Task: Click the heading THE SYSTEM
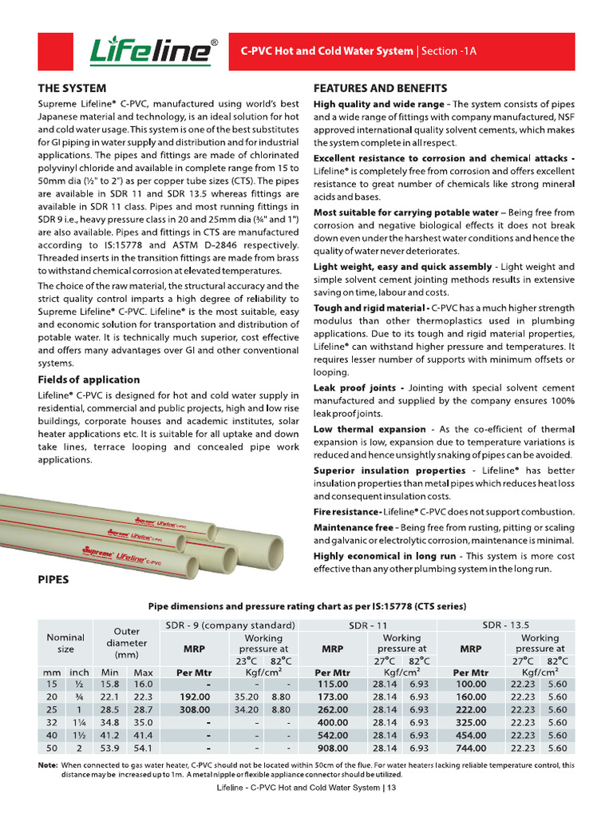click(72, 88)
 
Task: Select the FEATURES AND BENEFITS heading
click(380, 88)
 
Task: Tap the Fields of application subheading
click(89, 379)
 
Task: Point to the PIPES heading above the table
click(53, 579)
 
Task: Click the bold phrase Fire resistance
click(347, 511)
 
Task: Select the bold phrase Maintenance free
click(353, 527)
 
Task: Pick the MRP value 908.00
click(333, 749)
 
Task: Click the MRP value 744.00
click(470, 749)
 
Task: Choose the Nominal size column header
click(65, 643)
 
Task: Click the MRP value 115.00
click(333, 685)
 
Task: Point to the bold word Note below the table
click(47, 765)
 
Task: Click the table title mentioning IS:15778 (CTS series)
click(306, 606)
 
